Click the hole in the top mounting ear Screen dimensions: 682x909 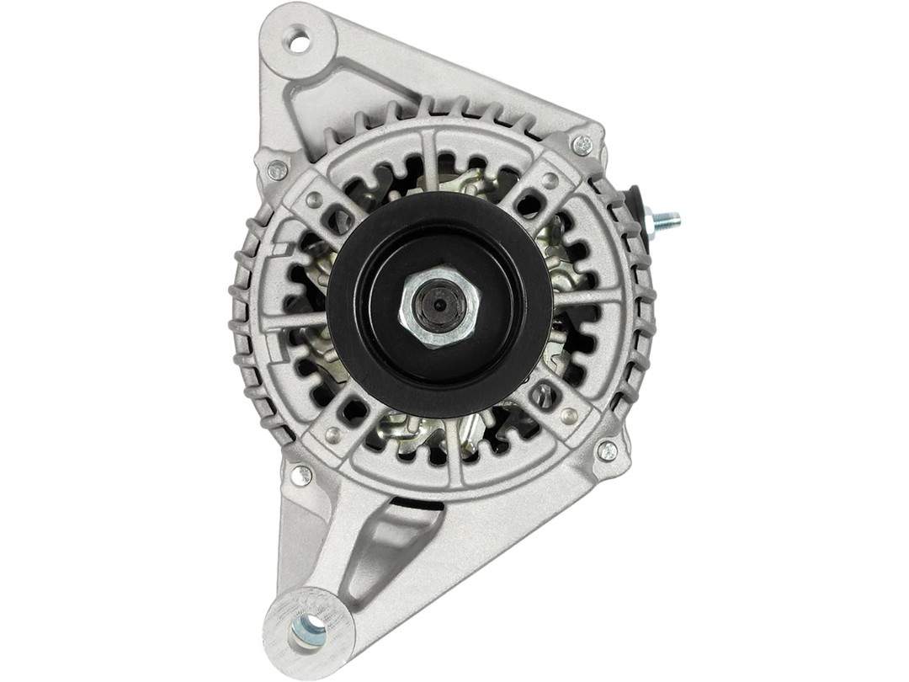[298, 40]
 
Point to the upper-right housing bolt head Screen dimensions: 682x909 [582, 145]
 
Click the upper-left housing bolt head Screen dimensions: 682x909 [277, 170]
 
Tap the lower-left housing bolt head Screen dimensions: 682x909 [300, 476]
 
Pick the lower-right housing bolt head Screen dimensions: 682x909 [607, 450]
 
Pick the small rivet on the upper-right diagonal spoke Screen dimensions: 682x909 [549, 180]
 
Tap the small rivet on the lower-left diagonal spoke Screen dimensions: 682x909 [333, 434]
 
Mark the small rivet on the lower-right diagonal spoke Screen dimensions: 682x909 [570, 415]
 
